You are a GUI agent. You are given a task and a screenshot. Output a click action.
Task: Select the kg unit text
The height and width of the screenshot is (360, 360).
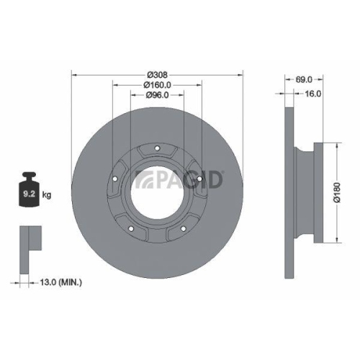pos(47,194)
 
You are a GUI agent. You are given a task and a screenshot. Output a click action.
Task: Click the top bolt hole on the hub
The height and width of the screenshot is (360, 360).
pos(157,149)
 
